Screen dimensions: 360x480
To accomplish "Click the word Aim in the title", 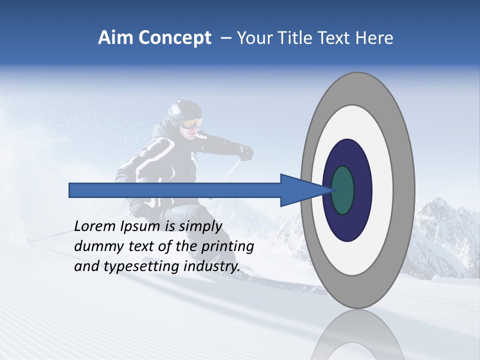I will point(115,38).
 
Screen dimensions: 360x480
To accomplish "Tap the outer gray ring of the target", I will point(357,87).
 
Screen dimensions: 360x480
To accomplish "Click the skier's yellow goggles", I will point(191,123).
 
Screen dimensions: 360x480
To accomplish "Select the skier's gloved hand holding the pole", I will point(245,152).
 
